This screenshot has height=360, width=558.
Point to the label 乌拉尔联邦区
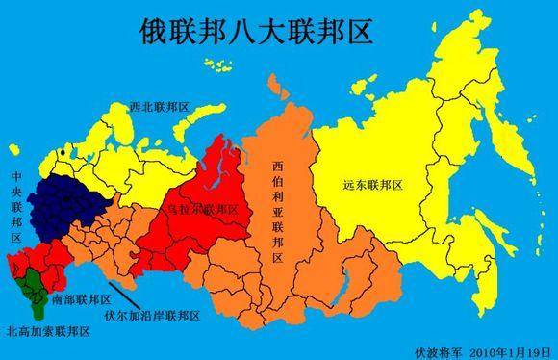(198, 208)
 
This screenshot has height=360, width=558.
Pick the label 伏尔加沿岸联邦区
(152, 315)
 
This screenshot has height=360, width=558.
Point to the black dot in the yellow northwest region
(62, 153)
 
